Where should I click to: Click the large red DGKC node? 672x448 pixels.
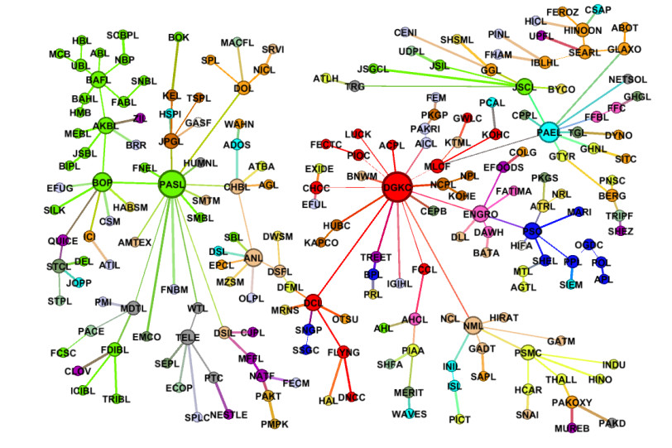tap(396, 189)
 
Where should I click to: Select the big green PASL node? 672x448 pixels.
tap(171, 184)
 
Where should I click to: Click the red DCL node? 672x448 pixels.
tap(313, 301)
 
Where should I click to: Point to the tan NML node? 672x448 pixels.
tap(473, 325)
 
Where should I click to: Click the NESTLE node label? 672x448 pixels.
tap(228, 414)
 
